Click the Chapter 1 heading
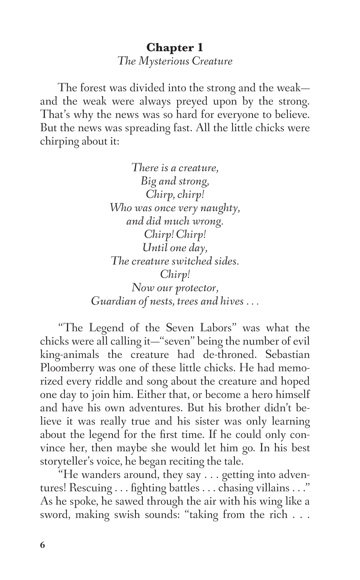click(x=175, y=48)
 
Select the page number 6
click(x=42, y=545)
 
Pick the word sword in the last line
click(x=54, y=515)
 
